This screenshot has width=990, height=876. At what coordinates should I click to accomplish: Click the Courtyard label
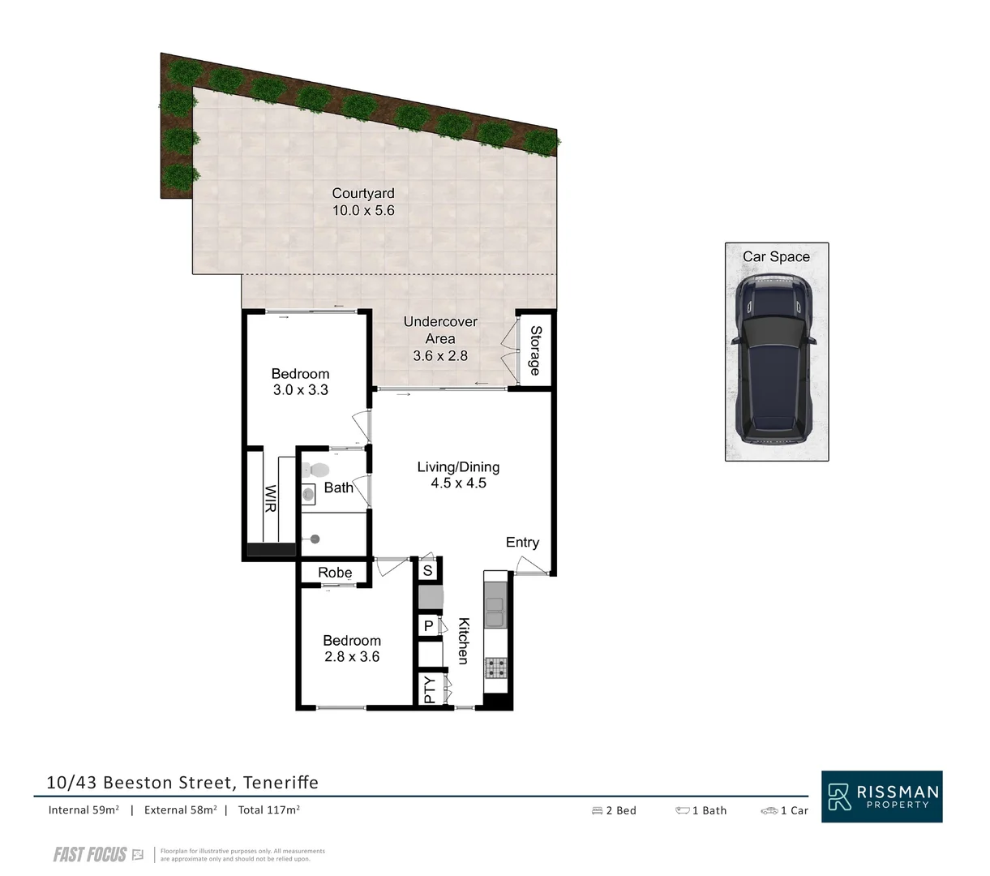tap(362, 193)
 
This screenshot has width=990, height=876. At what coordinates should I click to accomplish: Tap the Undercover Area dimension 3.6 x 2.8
tap(439, 355)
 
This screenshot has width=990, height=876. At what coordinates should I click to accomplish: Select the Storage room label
tap(535, 350)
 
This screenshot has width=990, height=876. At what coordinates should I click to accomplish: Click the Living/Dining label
tap(458, 467)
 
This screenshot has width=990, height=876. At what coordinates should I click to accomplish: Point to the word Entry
tap(522, 543)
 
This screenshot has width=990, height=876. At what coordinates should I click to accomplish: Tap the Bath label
tap(338, 487)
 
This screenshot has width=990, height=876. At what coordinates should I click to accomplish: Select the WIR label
tap(269, 496)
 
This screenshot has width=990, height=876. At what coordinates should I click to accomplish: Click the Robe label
tap(334, 573)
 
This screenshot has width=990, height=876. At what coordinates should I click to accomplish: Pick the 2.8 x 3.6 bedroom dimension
tap(352, 657)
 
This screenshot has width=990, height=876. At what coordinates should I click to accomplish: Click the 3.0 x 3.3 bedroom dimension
tap(300, 390)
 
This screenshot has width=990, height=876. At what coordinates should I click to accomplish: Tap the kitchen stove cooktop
tap(495, 668)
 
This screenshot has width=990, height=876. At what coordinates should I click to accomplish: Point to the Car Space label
tap(776, 257)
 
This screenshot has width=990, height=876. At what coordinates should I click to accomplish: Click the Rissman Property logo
tap(881, 796)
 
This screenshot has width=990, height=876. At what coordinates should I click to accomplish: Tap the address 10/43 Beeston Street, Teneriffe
tap(182, 783)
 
